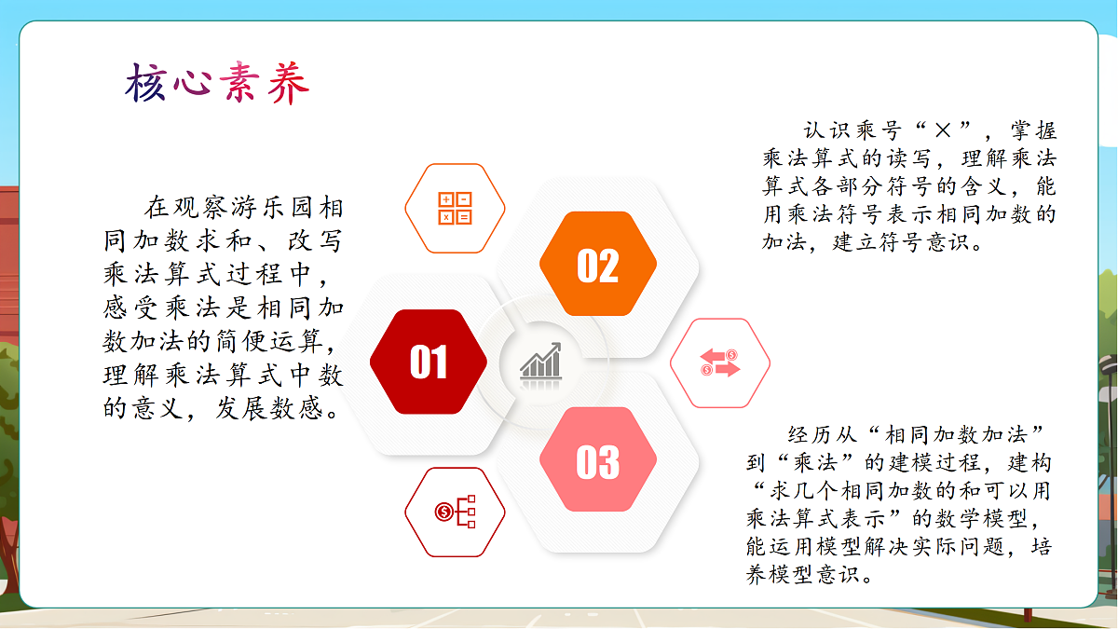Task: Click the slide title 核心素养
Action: click(217, 84)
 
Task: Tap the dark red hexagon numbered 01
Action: click(429, 362)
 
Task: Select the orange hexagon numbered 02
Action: click(598, 266)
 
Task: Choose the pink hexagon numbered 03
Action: click(598, 460)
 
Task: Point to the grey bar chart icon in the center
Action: click(540, 361)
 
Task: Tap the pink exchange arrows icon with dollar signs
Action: click(720, 362)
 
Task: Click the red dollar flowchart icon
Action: click(455, 512)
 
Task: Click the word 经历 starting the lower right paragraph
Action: click(802, 434)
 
